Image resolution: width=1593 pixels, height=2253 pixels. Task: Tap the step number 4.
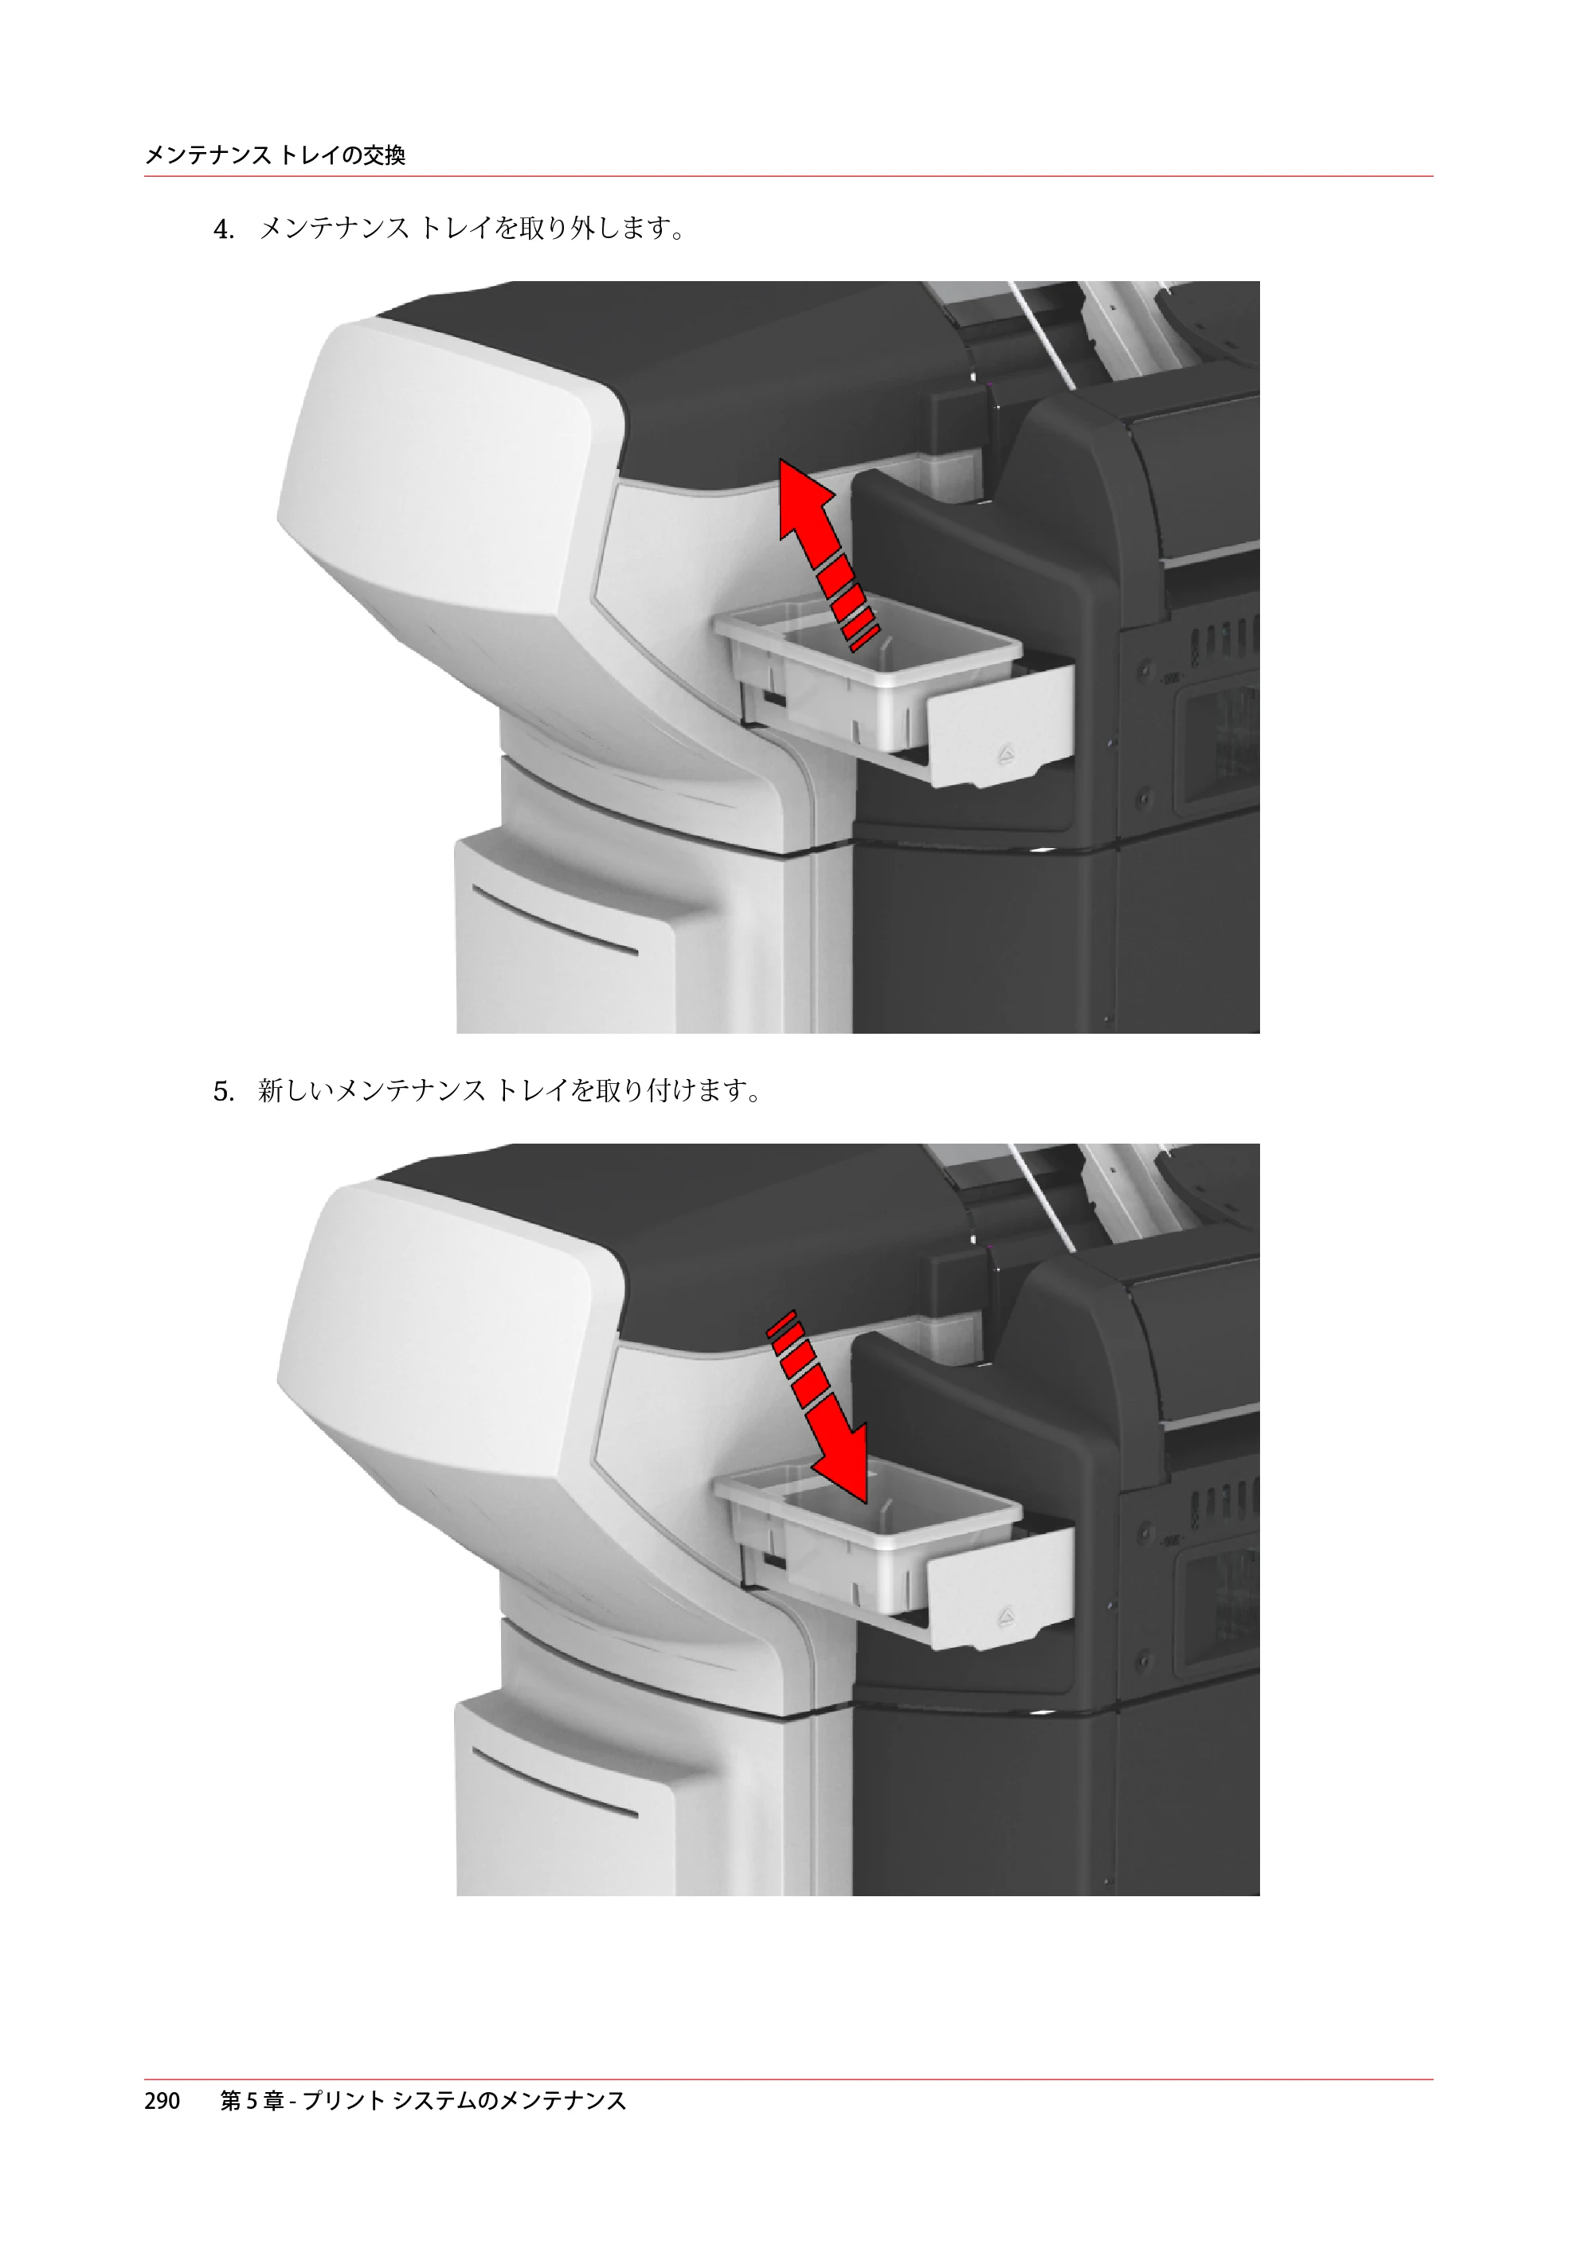tap(224, 231)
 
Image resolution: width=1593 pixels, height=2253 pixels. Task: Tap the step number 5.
tap(224, 1092)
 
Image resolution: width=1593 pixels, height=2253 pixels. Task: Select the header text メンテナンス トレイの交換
tap(275, 155)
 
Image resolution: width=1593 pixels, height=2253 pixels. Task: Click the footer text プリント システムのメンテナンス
tap(464, 2100)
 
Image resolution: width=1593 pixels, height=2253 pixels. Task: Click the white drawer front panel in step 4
tap(999, 722)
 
